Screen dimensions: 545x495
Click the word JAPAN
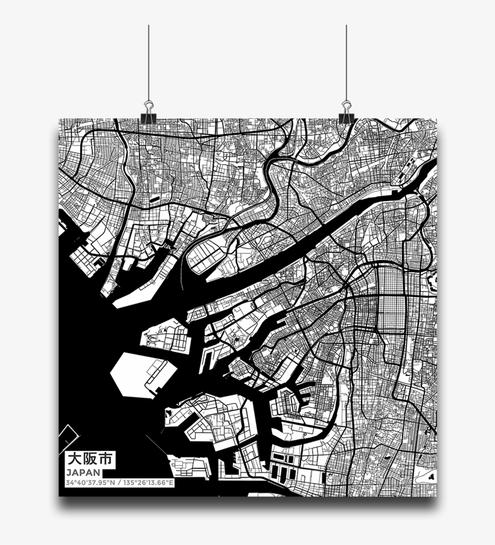80,472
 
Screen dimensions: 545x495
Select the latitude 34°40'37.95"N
89,483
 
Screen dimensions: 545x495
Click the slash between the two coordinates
118,483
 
